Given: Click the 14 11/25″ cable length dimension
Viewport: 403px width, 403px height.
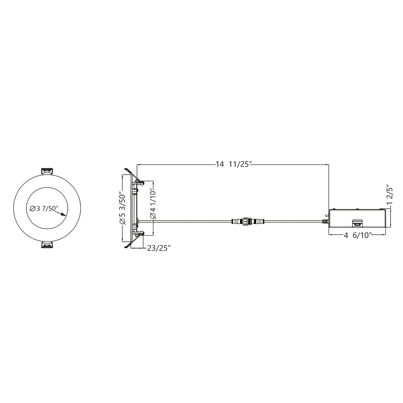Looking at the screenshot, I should point(233,164).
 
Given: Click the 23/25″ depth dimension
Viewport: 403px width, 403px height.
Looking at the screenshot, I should point(159,248).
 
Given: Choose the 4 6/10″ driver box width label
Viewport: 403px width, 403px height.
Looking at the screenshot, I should point(357,235).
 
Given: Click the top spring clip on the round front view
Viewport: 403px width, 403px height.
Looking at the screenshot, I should point(46,171).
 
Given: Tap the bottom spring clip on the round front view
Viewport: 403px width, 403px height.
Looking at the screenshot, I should point(46,245).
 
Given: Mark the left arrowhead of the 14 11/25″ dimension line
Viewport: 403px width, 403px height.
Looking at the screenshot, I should point(139,164).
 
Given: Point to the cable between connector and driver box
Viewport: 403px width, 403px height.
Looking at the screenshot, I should point(293,222).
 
